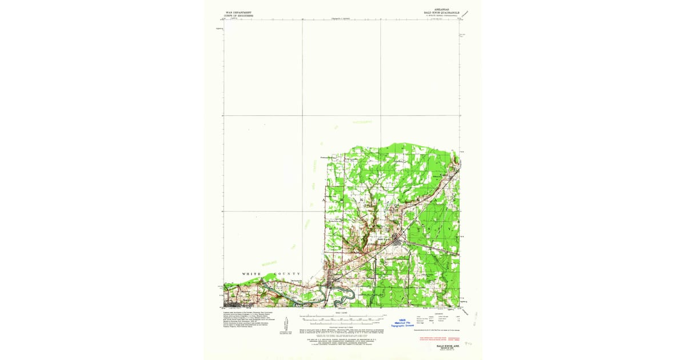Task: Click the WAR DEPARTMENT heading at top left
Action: (x=239, y=11)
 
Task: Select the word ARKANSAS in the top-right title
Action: (x=442, y=9)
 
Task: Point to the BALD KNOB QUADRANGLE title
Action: (x=442, y=12)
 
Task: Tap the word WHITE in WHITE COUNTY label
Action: (x=251, y=274)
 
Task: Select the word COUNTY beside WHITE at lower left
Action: (x=287, y=274)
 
